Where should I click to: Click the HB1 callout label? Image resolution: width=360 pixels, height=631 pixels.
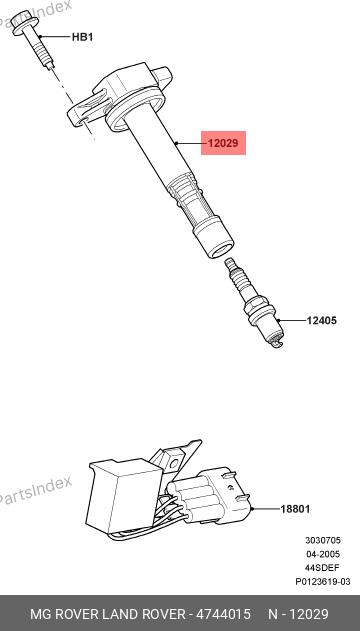(x=82, y=37)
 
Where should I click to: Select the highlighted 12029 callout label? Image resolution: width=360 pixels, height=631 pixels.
(x=223, y=143)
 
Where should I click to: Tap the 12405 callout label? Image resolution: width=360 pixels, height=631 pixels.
(x=322, y=321)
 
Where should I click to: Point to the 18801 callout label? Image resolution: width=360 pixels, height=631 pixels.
(x=295, y=509)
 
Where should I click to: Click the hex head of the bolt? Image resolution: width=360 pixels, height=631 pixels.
(x=21, y=23)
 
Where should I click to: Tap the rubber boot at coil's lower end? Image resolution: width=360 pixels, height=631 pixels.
(x=214, y=237)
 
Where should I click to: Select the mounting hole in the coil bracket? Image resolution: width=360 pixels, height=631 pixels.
(x=83, y=120)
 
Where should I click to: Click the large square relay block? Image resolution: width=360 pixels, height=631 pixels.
(x=126, y=495)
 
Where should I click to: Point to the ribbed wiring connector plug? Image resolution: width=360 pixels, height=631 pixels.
(x=208, y=497)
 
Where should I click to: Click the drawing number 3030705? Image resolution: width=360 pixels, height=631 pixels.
(x=323, y=540)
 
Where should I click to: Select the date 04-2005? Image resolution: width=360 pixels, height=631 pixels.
(x=323, y=554)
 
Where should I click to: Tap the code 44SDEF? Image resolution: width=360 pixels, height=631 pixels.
(x=323, y=568)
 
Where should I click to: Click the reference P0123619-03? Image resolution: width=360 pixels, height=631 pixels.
(x=323, y=582)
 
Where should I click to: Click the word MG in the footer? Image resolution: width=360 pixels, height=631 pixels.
(x=40, y=614)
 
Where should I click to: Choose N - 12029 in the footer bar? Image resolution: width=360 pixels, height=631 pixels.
(x=298, y=614)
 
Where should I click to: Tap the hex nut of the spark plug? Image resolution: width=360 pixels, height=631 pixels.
(x=260, y=309)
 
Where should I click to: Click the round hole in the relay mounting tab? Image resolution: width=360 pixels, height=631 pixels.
(x=173, y=464)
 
